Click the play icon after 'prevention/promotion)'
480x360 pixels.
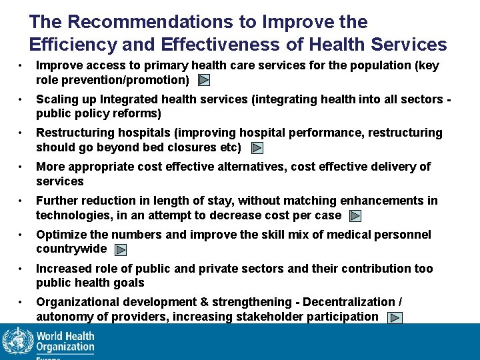205,81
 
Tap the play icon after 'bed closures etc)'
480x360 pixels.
257,148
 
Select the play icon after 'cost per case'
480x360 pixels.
355,216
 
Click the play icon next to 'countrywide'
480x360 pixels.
120,250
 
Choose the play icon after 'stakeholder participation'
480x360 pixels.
395,318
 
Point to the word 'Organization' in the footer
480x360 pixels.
65,347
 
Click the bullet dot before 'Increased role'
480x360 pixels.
22,269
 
